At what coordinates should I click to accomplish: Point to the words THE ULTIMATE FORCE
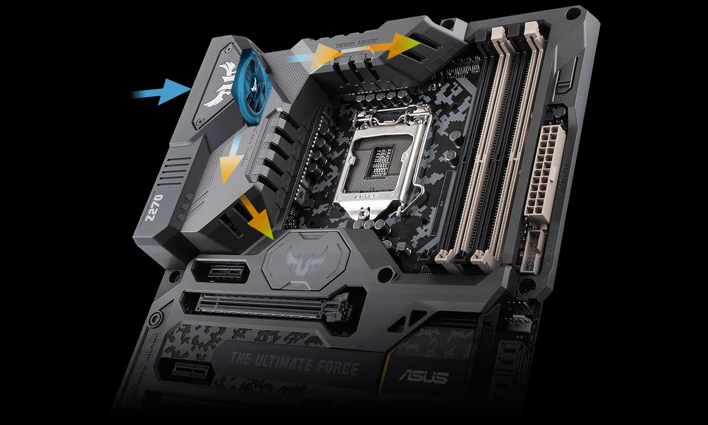pyautogui.click(x=294, y=364)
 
